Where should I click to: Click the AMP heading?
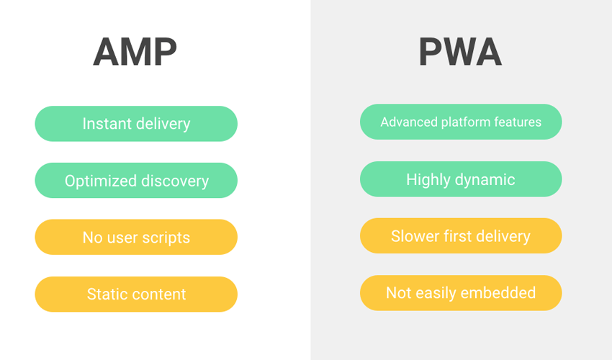pyautogui.click(x=135, y=52)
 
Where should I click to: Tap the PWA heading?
pyautogui.click(x=460, y=52)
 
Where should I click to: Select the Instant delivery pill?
pyautogui.click(x=136, y=124)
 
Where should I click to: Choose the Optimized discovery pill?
pyautogui.click(x=136, y=181)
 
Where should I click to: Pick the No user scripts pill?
pyautogui.click(x=136, y=237)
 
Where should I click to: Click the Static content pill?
pyautogui.click(x=136, y=294)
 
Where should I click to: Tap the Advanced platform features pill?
pyautogui.click(x=461, y=122)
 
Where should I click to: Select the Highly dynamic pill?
pyautogui.click(x=461, y=179)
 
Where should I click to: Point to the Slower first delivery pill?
pyautogui.click(x=461, y=236)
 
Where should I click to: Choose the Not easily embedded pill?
pyautogui.click(x=461, y=293)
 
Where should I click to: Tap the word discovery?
pyautogui.click(x=175, y=181)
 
